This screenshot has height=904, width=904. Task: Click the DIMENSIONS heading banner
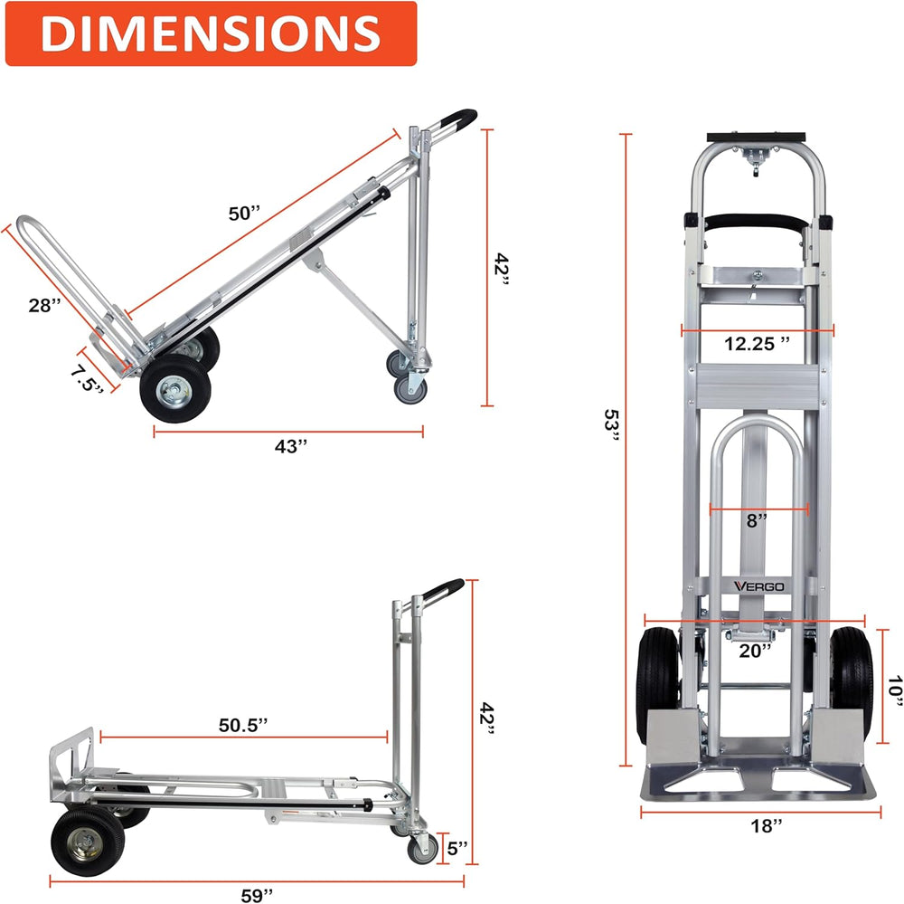211,33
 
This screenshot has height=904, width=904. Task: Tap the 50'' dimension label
244,214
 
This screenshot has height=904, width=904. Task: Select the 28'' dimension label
44,305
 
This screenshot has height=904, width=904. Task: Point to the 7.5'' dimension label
88,379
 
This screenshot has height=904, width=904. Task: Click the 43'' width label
290,446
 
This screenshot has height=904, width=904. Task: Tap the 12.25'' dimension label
757,344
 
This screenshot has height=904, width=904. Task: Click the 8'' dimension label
757,520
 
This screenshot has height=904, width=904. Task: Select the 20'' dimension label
755,651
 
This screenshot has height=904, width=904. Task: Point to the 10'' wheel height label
894,690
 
